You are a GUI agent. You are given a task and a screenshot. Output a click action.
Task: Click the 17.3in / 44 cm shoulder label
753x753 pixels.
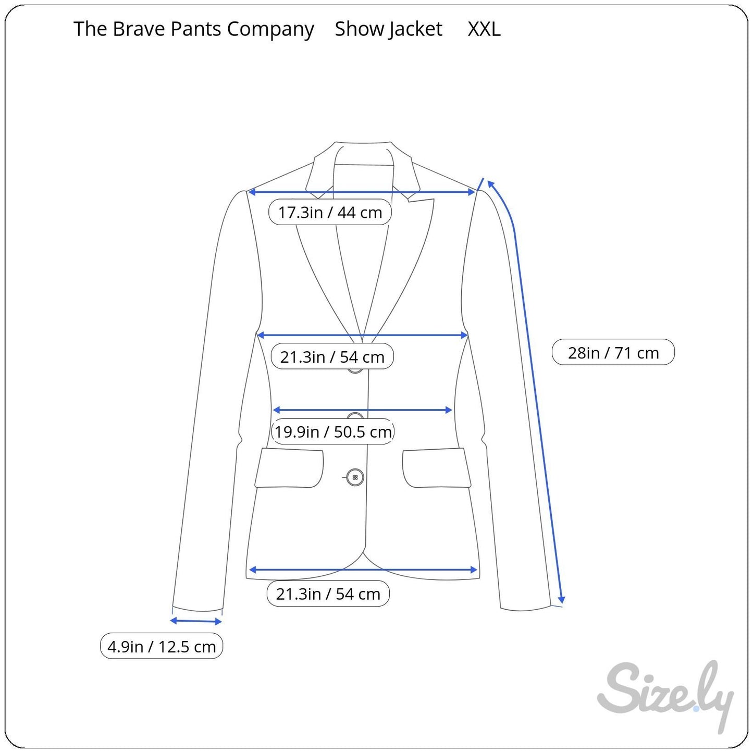[x=330, y=212]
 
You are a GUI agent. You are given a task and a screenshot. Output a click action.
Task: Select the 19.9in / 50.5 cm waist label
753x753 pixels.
[x=333, y=431]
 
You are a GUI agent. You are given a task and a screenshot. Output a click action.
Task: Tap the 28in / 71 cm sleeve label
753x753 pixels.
[x=613, y=353]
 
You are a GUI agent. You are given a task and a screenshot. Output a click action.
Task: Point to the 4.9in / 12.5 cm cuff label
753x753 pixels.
[x=162, y=647]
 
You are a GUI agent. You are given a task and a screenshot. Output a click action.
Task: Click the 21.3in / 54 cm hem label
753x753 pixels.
[x=328, y=594]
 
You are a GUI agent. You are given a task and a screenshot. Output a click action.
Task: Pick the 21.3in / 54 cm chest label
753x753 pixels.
[x=332, y=357]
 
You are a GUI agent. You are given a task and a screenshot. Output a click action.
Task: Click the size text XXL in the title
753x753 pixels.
[x=484, y=29]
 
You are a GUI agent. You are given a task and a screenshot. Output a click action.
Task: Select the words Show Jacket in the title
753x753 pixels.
[x=388, y=29]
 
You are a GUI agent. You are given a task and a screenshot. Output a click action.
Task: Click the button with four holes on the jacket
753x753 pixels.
[x=355, y=477]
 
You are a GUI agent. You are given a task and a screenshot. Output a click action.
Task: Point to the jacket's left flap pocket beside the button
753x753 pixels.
[x=289, y=468]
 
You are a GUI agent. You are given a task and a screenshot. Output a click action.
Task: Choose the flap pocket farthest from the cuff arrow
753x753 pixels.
[x=437, y=468]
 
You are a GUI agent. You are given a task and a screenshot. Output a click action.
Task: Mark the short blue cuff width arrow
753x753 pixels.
[x=196, y=621]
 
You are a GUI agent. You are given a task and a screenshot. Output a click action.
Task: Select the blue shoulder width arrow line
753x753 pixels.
[x=362, y=192]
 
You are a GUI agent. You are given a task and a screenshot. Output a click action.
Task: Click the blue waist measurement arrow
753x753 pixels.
[x=362, y=410]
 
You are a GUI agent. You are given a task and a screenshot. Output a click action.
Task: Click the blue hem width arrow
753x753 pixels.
[x=363, y=570]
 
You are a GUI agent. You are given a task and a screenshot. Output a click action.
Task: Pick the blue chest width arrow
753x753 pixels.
[x=363, y=335]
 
